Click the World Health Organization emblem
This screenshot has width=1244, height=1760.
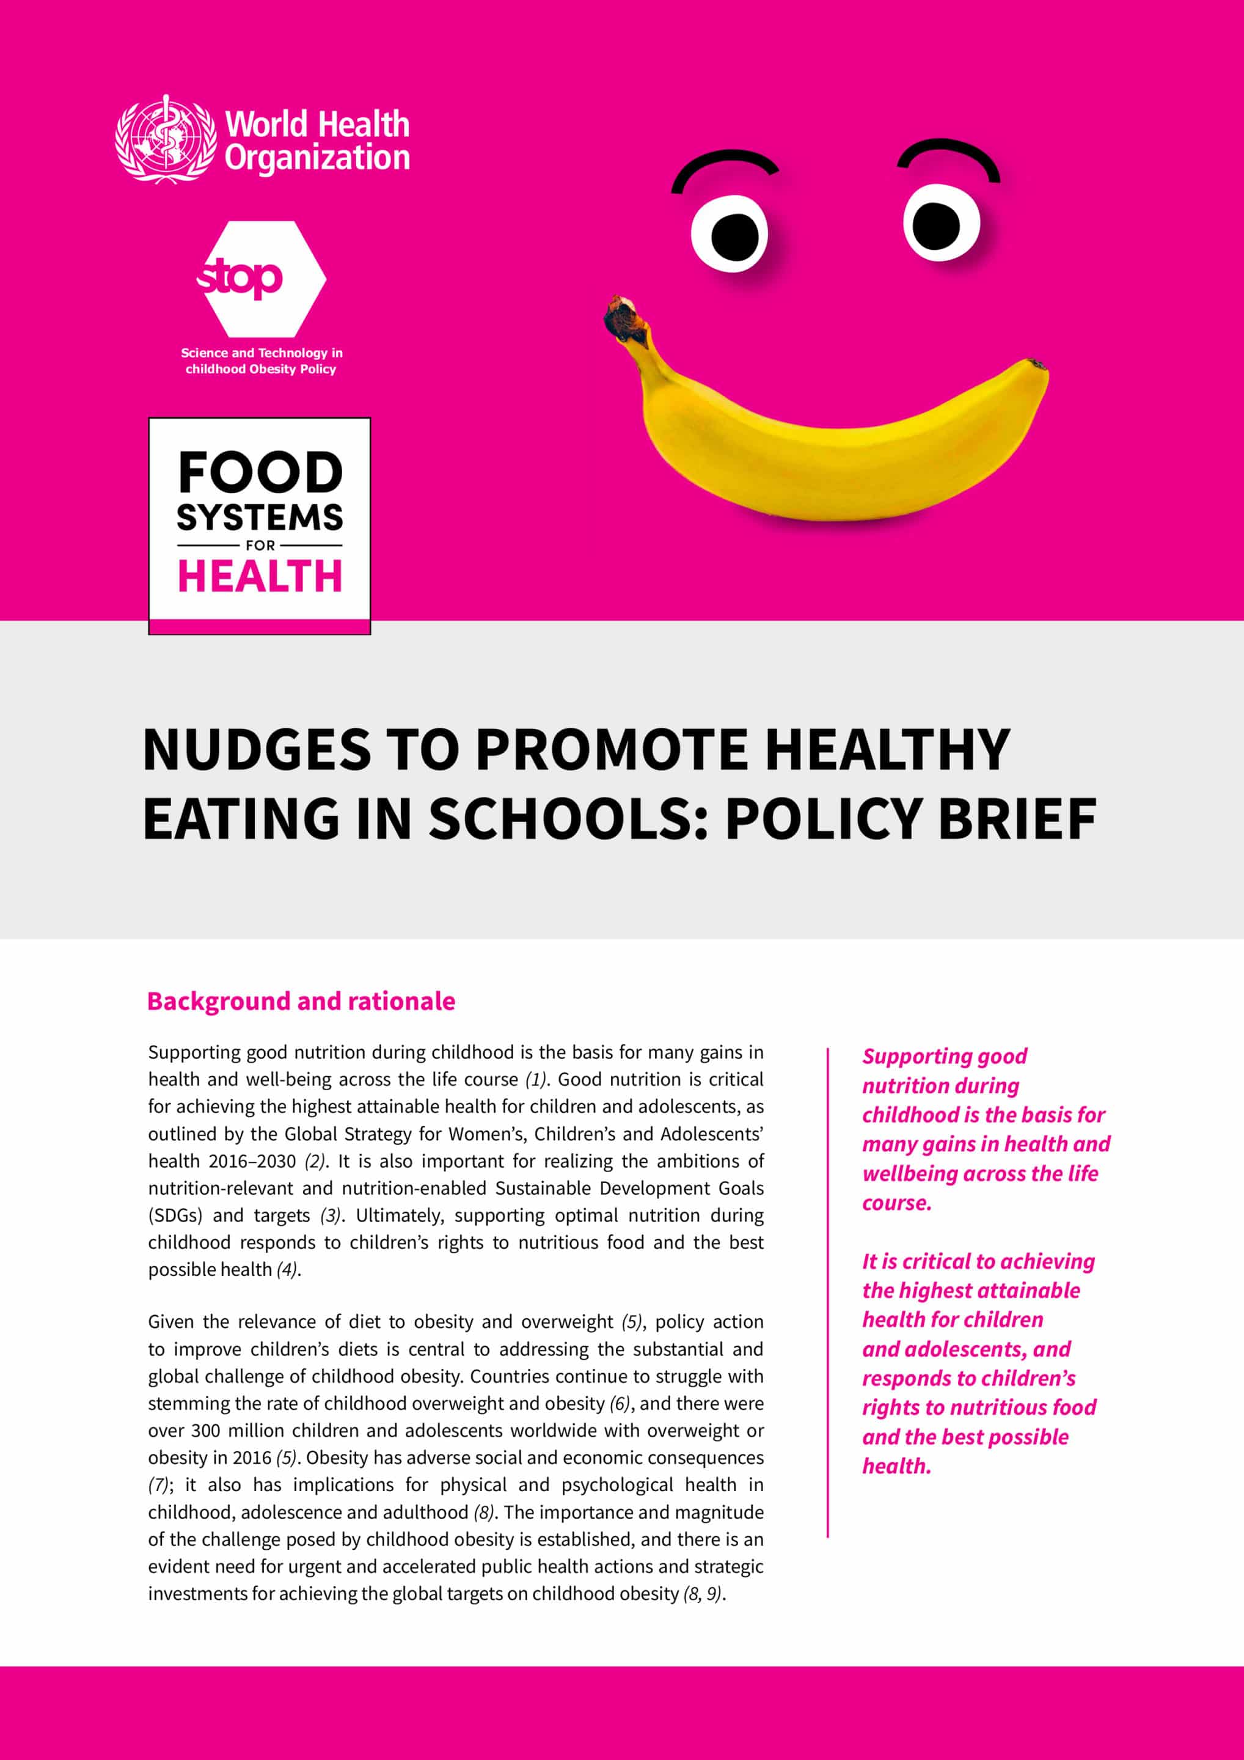166,139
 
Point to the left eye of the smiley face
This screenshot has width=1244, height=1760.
729,234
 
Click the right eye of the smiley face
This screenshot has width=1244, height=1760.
940,224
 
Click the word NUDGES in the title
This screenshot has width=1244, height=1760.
256,749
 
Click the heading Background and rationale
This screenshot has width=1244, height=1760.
301,1001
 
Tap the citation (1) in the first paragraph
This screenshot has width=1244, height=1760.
536,1079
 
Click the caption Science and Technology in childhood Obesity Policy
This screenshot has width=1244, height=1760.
262,361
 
